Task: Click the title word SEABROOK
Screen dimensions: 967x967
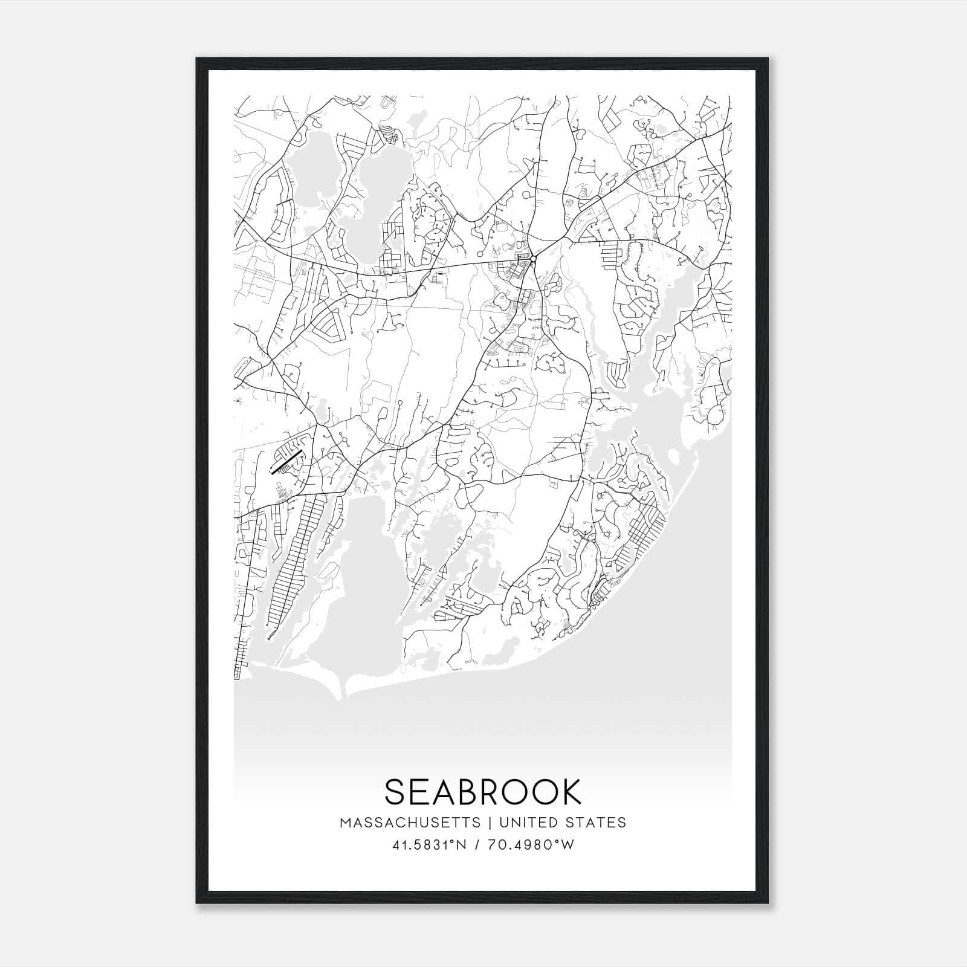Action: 482,792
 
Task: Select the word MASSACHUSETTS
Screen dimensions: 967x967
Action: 410,823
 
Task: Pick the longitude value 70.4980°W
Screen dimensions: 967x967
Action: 534,845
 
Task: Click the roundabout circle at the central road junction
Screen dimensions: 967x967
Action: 533,259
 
